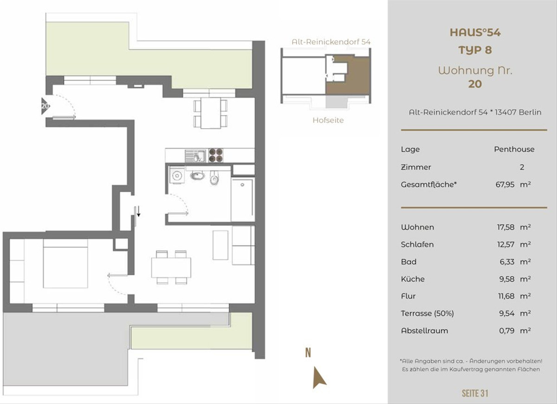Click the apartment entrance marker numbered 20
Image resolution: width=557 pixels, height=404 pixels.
point(45,106)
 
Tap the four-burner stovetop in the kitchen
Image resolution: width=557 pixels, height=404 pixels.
point(215,155)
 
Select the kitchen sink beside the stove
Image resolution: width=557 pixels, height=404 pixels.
point(195,156)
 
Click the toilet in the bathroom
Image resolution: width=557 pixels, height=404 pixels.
point(214,178)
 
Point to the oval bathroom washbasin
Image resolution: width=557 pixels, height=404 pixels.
point(197,176)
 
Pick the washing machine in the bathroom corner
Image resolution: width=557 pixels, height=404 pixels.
point(177,175)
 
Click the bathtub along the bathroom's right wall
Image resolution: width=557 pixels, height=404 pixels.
point(242,199)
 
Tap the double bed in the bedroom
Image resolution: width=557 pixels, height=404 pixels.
point(65,264)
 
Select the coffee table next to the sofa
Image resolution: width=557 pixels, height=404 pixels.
point(220,245)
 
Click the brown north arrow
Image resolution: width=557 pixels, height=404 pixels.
point(319,378)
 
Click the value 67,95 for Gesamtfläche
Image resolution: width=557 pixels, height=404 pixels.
point(505,185)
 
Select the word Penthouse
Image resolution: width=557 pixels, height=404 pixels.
point(514,149)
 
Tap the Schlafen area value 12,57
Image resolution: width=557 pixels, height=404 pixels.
point(505,245)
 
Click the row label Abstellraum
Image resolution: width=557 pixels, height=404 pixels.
point(424,331)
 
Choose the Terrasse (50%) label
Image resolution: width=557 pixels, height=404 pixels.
point(427,313)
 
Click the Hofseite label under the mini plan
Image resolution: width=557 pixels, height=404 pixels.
point(328,120)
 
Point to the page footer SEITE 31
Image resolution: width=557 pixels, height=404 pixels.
point(475,393)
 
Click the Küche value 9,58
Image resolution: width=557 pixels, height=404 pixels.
point(506,279)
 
